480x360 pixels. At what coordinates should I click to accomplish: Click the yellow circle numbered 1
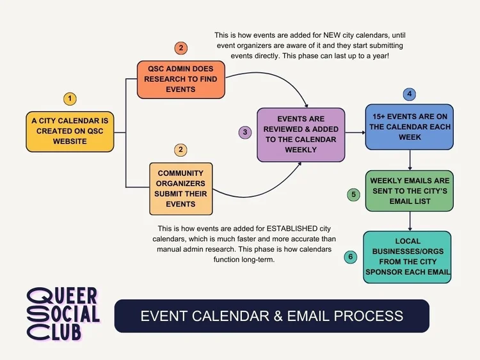[x=70, y=99]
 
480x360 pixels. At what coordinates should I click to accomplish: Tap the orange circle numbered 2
[x=181, y=48]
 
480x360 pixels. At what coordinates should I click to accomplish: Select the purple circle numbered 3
[x=244, y=132]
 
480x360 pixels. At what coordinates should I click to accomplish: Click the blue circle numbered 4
[x=409, y=94]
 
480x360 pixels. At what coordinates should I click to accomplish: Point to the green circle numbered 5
[x=353, y=194]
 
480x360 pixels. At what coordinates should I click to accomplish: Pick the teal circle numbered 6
[x=350, y=257]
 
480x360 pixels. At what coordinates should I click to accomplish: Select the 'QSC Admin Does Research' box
[x=181, y=79]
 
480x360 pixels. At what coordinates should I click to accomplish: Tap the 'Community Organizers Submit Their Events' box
[x=180, y=189]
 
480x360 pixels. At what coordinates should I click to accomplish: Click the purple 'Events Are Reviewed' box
[x=301, y=134]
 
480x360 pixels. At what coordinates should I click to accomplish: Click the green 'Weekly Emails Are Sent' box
[x=409, y=191]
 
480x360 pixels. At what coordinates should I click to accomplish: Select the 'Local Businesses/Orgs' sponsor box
[x=408, y=256]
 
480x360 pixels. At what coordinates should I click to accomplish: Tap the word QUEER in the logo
[x=63, y=295]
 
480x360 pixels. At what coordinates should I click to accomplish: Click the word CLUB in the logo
[x=62, y=330]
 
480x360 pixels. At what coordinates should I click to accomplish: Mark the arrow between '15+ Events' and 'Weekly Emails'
[x=410, y=159]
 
